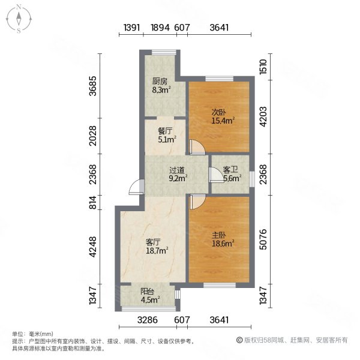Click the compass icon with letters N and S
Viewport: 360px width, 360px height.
coord(19,19)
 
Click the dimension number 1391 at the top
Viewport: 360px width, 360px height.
coord(132,28)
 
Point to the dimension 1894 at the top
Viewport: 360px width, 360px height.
coord(160,28)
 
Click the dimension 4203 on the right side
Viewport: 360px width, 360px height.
coord(262,114)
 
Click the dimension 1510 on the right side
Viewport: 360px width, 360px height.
coord(262,65)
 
